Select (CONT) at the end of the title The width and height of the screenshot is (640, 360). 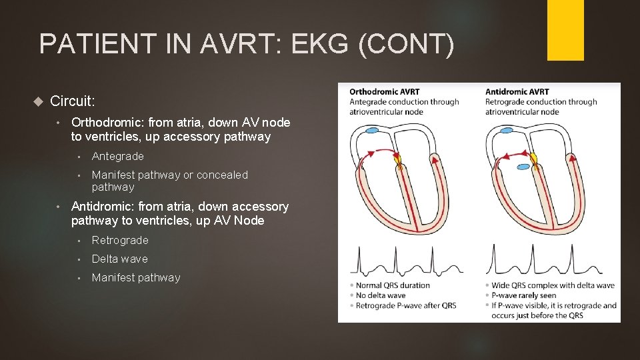[409, 45]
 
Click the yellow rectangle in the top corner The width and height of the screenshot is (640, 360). [565, 30]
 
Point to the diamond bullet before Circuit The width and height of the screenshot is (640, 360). [37, 101]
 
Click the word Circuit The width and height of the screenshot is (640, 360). [73, 101]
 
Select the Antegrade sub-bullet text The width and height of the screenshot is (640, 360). [118, 156]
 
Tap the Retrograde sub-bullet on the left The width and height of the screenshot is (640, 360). [120, 240]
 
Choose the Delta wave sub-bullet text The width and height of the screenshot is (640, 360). [120, 259]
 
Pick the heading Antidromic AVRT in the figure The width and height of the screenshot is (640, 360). [517, 92]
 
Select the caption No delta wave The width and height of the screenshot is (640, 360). [382, 295]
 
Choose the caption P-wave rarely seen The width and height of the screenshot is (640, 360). [527, 295]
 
